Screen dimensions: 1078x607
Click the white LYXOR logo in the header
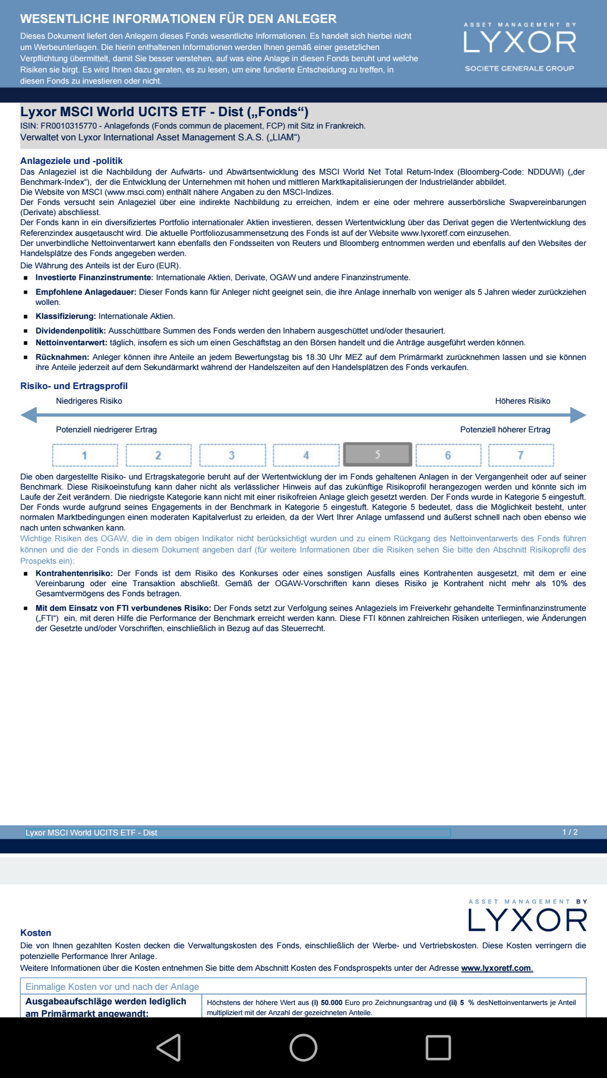pyautogui.click(x=519, y=42)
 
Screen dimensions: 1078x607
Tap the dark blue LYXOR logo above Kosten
pyautogui.click(x=527, y=920)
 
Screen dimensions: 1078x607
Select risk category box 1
pyautogui.click(x=85, y=455)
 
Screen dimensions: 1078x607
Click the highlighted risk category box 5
pyautogui.click(x=377, y=455)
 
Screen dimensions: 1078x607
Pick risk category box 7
pyautogui.click(x=520, y=455)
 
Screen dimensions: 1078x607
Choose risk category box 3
pyautogui.click(x=232, y=455)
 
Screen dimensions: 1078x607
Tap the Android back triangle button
pyautogui.click(x=169, y=1048)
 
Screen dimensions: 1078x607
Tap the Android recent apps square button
pyautogui.click(x=438, y=1048)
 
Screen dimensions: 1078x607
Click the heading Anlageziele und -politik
pyautogui.click(x=71, y=161)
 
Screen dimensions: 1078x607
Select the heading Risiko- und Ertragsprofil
pyautogui.click(x=74, y=386)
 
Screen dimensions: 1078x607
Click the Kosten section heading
pyautogui.click(x=35, y=933)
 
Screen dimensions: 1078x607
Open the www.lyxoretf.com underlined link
pyautogui.click(x=496, y=968)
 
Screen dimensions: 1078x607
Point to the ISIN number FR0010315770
pyautogui.click(x=69, y=126)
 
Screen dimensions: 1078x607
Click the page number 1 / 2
pyautogui.click(x=570, y=832)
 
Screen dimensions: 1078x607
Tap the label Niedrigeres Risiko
pyautogui.click(x=89, y=401)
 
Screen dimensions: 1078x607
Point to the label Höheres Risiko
pyautogui.click(x=522, y=401)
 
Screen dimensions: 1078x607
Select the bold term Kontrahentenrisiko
pyautogui.click(x=74, y=573)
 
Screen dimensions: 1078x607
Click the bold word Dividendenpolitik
pyautogui.click(x=71, y=331)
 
